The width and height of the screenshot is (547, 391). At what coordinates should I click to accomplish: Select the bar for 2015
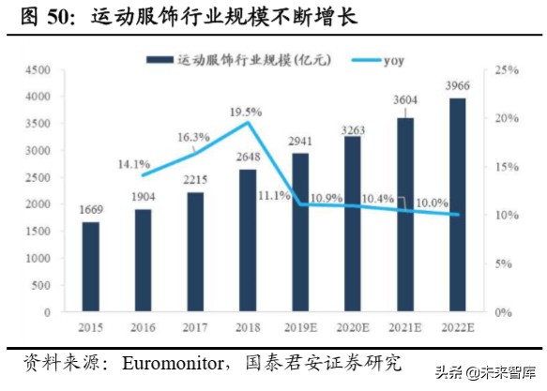pos(90,266)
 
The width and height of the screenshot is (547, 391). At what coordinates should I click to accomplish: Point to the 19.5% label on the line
pos(245,112)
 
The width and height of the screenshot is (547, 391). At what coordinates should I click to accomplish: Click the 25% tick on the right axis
pos(508,70)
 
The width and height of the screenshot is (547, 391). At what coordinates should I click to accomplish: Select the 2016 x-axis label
pos(143,327)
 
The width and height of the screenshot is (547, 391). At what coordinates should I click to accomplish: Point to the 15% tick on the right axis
pos(508,167)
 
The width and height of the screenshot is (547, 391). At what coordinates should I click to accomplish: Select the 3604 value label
pos(404,100)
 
